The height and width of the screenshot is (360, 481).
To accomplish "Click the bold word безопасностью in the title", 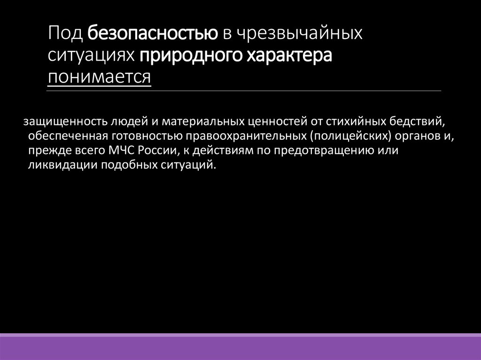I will [x=152, y=33].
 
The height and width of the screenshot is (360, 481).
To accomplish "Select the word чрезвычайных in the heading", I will [x=298, y=33].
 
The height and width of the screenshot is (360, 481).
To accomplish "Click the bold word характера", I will [x=290, y=55].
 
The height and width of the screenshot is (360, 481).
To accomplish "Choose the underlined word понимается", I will [x=99, y=77].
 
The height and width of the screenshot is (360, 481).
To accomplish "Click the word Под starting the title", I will [x=65, y=33].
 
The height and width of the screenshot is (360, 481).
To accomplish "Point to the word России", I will [x=150, y=151].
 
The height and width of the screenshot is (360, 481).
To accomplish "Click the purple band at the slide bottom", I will [x=240, y=348].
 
